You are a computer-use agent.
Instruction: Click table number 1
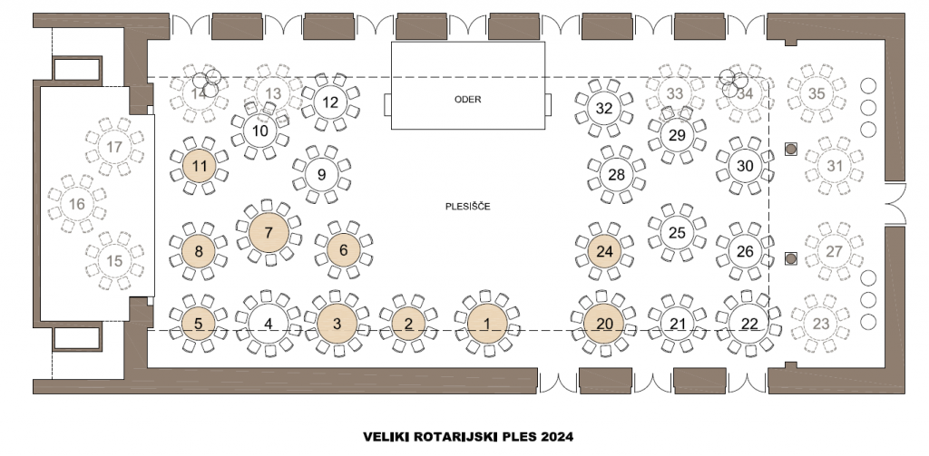pyautogui.click(x=488, y=322)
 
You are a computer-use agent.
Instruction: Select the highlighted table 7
pyautogui.click(x=268, y=233)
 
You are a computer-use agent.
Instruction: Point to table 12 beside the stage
pyautogui.click(x=330, y=102)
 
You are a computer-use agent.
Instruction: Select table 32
pyautogui.click(x=604, y=107)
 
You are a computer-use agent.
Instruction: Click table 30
pyautogui.click(x=745, y=166)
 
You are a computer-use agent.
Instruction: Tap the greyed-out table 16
pyautogui.click(x=77, y=204)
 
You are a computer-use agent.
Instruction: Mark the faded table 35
pyautogui.click(x=817, y=92)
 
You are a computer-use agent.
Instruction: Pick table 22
pyautogui.click(x=748, y=322)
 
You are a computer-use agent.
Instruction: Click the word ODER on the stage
pyautogui.click(x=467, y=100)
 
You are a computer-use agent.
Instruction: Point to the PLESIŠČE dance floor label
pyautogui.click(x=468, y=207)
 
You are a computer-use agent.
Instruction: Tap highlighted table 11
pyautogui.click(x=200, y=166)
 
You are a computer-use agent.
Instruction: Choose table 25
pyautogui.click(x=677, y=232)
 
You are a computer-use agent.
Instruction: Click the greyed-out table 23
pyautogui.click(x=820, y=323)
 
